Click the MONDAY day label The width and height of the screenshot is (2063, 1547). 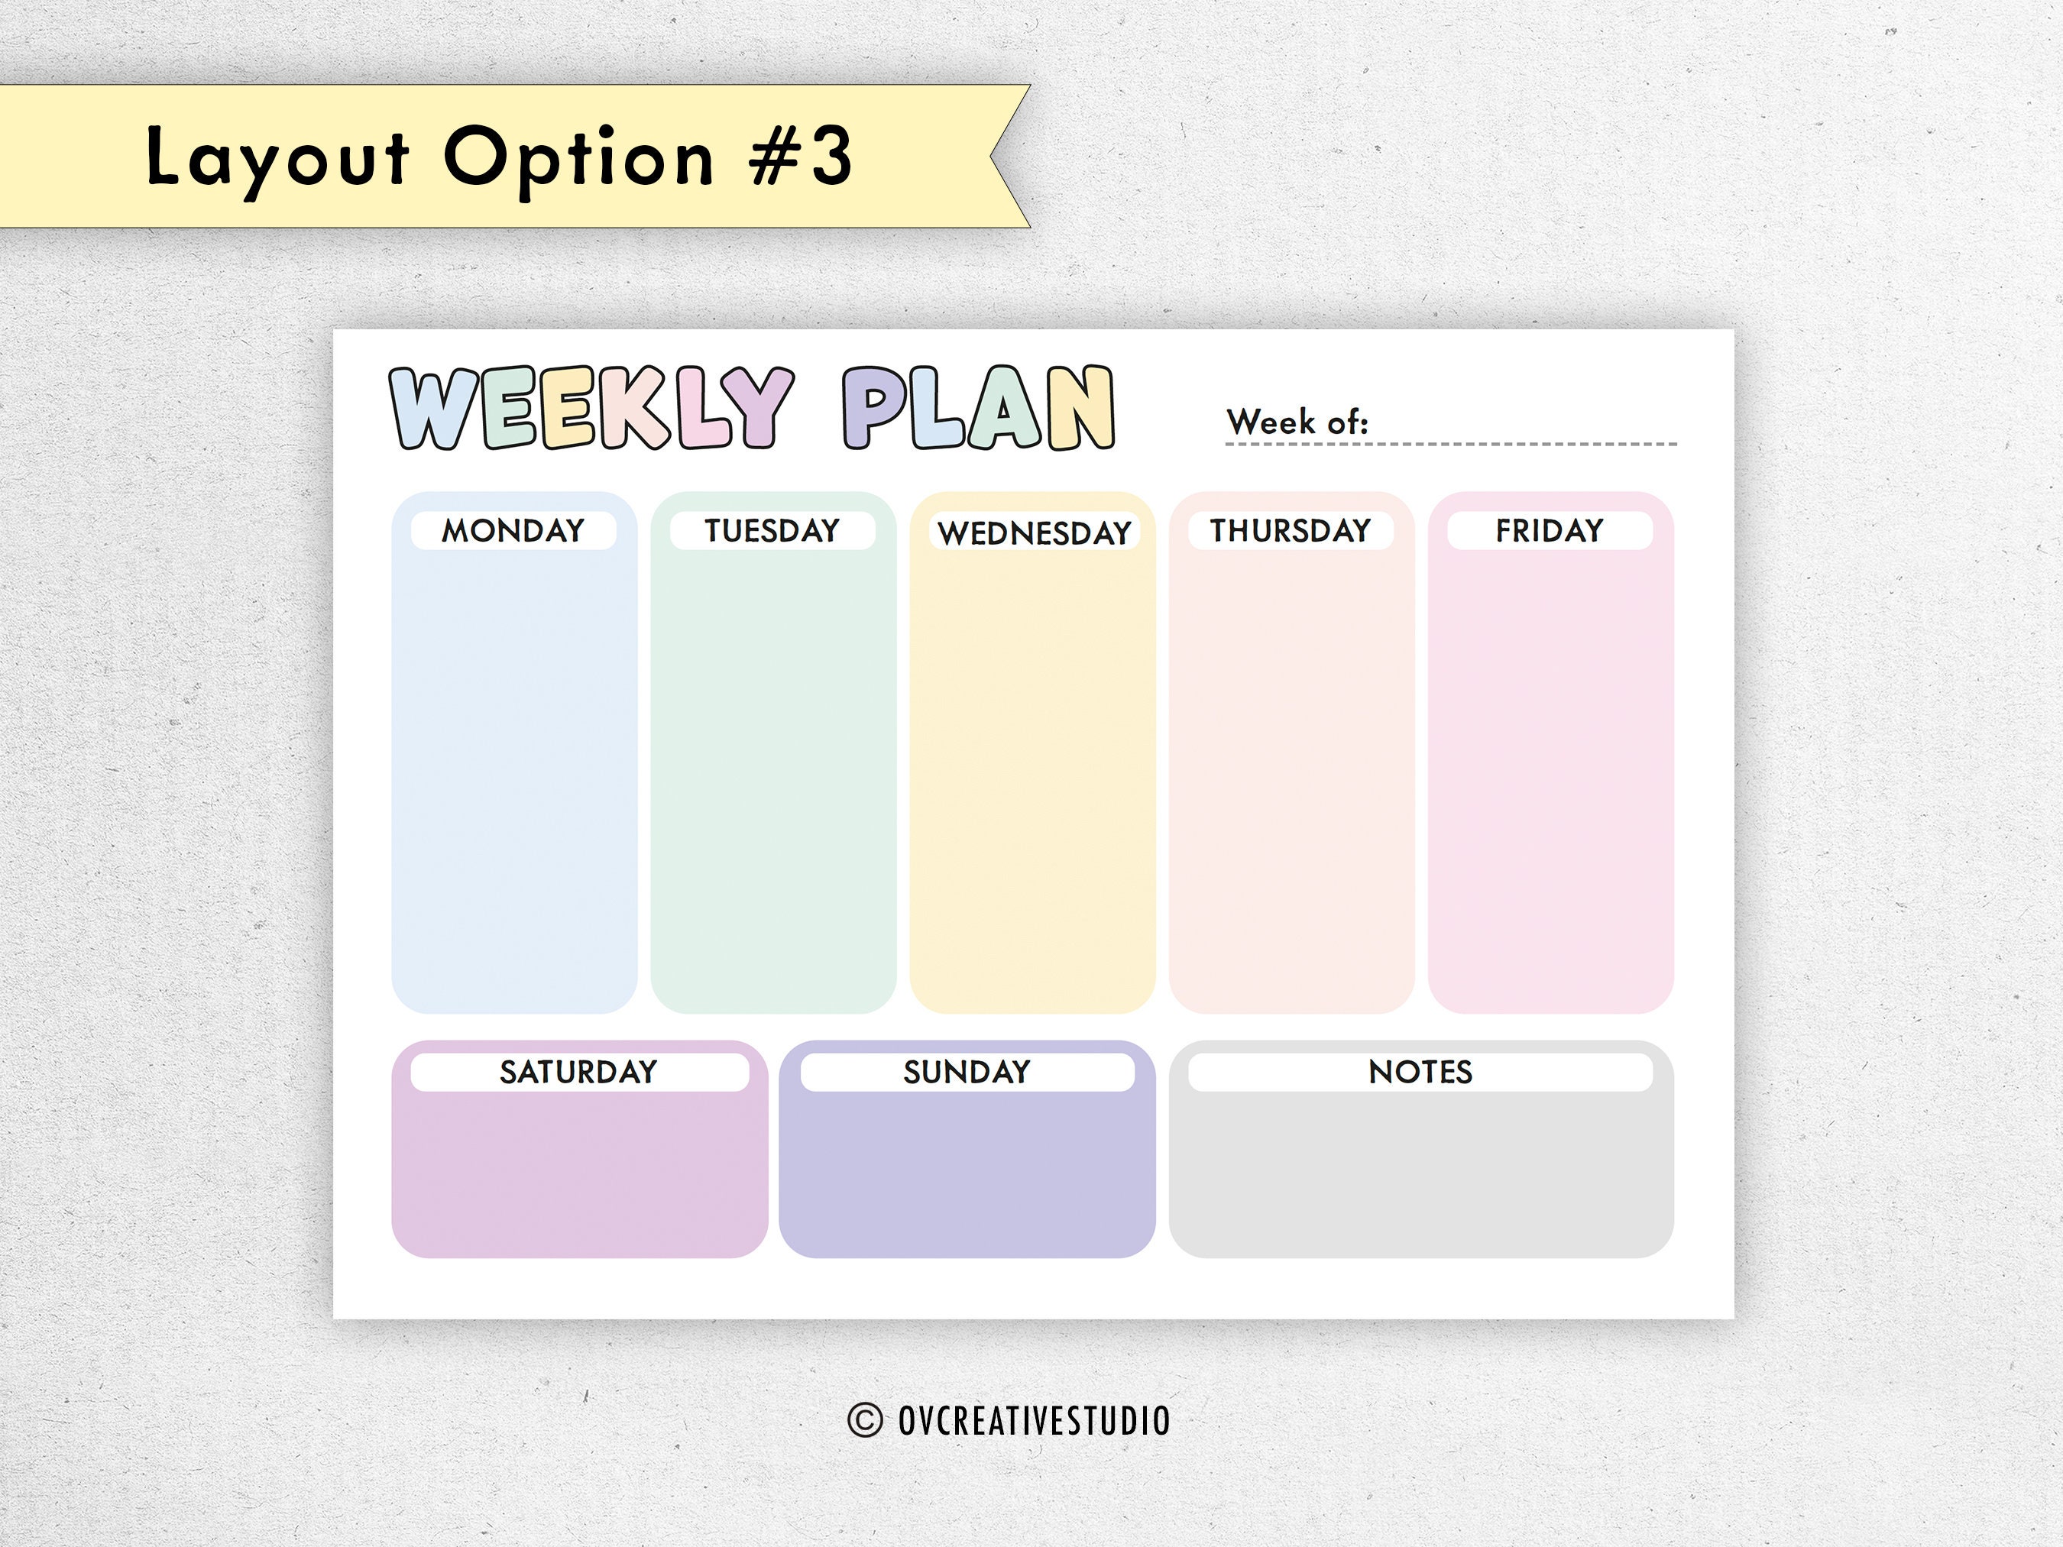coord(513,531)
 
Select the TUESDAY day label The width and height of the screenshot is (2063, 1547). coord(772,531)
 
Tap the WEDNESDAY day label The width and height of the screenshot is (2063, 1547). coord(1035,533)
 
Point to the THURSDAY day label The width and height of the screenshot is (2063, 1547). coord(1291,531)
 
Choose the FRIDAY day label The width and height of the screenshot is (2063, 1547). coord(1549,531)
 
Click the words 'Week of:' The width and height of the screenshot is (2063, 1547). coord(1297,422)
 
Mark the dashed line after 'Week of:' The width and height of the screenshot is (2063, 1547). coord(1530,444)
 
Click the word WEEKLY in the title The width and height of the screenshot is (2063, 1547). coord(591,407)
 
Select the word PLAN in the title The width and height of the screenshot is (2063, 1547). coord(978,407)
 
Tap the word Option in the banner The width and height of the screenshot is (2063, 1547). coord(578,159)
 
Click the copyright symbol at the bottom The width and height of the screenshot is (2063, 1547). coord(865,1420)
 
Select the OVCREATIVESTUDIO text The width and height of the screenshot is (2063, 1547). coord(1033,1420)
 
